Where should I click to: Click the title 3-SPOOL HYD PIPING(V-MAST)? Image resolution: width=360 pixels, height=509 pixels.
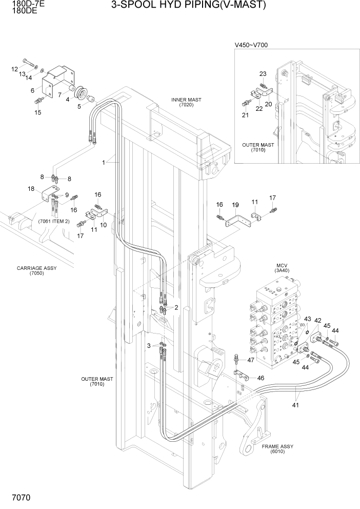pos(189,6)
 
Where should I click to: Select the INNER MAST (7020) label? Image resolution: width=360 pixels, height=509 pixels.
pos(186,102)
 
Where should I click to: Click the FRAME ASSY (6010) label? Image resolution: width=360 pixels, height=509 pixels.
pos(277,449)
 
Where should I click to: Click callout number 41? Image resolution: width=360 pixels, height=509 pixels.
pos(296,405)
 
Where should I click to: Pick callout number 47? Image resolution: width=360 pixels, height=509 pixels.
pos(251,360)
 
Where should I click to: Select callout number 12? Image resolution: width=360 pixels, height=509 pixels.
pos(14,69)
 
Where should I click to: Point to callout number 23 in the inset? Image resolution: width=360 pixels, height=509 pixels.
pos(263,74)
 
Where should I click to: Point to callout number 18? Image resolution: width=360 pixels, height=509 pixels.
pos(31,189)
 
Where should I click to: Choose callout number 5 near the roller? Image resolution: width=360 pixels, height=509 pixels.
pos(79,107)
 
